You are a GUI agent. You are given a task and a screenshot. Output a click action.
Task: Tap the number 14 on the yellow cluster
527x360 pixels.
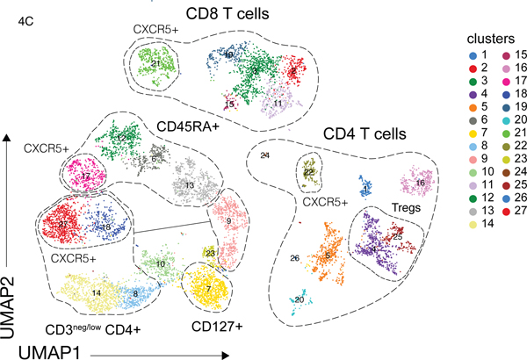click(x=96, y=291)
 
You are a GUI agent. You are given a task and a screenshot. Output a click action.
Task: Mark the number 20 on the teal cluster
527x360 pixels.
click(x=300, y=299)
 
